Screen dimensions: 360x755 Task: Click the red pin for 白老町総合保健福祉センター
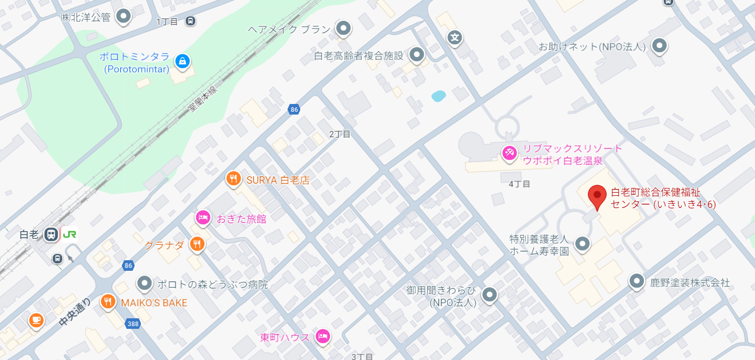[597, 196]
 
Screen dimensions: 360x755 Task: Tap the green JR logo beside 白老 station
[70, 234]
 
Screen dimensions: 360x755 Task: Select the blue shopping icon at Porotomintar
[182, 61]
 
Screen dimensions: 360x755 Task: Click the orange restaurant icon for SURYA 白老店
[233, 179]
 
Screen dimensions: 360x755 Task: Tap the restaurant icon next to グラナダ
[198, 243]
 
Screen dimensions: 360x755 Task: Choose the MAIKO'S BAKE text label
[154, 302]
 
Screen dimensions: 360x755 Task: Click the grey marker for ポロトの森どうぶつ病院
[144, 283]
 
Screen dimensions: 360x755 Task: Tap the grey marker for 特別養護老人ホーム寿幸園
[582, 243]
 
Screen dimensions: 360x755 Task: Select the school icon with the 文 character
[455, 37]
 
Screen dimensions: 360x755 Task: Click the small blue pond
[438, 96]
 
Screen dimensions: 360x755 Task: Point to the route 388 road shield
[133, 324]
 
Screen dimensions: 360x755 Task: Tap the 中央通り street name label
[75, 311]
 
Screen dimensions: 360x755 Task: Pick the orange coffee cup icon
[36, 319]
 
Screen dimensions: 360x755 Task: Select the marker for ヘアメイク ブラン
[344, 28]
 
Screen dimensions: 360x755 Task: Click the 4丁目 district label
[519, 184]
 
